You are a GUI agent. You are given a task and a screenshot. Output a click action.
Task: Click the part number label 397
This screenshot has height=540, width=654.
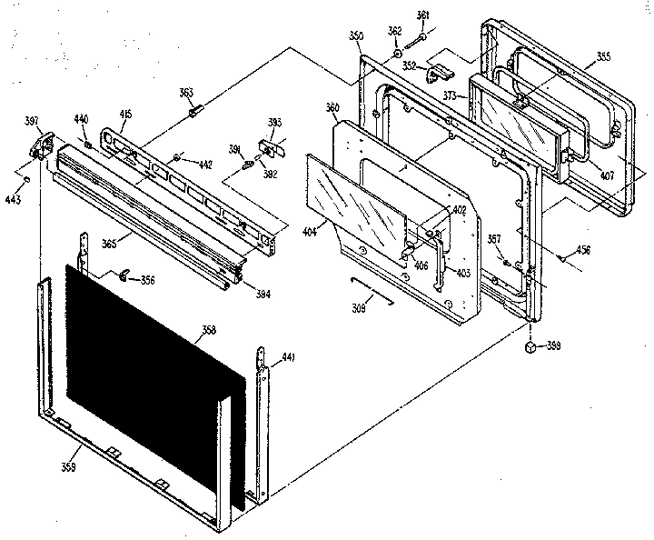coord(32,121)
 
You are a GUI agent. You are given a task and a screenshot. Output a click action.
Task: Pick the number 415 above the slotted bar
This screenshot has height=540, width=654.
coord(125,114)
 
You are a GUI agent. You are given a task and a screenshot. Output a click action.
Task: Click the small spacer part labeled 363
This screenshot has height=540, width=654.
coord(193,112)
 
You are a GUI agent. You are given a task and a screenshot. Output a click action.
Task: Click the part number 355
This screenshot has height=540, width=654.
coord(602,59)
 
